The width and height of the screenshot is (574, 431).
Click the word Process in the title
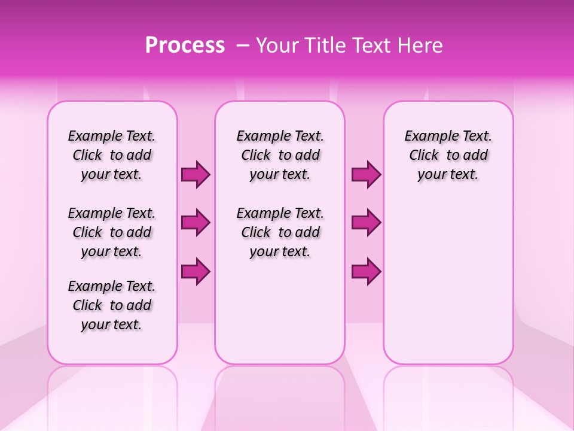click(x=185, y=45)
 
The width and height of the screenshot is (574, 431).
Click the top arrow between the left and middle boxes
click(x=196, y=175)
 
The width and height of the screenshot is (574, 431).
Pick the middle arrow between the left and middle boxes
click(x=196, y=223)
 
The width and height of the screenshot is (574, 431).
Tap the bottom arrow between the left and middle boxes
click(x=196, y=271)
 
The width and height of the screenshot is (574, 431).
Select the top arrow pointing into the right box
click(x=366, y=175)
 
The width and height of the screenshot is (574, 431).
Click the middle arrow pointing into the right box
click(x=366, y=223)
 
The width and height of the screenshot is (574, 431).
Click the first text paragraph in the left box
click(x=112, y=155)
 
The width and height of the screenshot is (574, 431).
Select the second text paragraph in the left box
click(x=112, y=232)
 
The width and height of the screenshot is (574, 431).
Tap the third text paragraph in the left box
click(x=112, y=305)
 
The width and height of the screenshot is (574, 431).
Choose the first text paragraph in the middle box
click(x=280, y=155)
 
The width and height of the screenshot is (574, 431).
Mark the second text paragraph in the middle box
click(x=280, y=232)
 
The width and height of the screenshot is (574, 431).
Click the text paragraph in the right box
click(x=448, y=155)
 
